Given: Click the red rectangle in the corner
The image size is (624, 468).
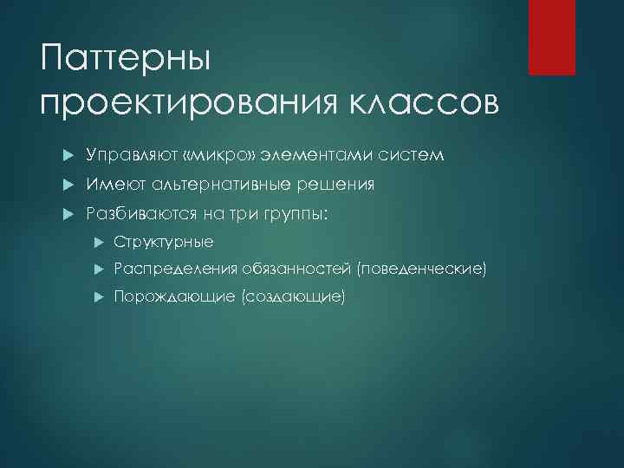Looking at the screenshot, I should [552, 37].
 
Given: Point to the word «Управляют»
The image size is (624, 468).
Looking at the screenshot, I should [122, 155].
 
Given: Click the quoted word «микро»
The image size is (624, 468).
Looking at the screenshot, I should [199, 155].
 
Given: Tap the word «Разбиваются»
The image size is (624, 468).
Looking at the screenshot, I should [134, 214].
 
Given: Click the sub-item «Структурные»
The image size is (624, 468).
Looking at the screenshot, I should [164, 242].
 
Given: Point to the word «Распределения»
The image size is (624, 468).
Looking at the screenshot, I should [176, 270].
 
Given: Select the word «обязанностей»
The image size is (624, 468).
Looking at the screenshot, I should [297, 270].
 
